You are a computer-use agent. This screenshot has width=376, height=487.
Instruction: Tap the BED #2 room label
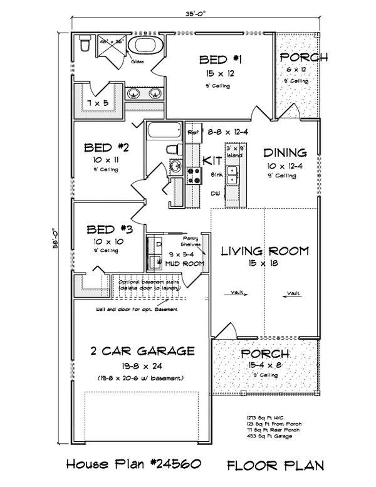click(x=107, y=148)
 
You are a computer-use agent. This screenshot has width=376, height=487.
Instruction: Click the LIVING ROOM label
click(x=265, y=251)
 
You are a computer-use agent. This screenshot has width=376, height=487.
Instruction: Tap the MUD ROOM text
click(x=180, y=264)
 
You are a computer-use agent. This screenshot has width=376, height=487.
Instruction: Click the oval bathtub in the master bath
click(x=144, y=46)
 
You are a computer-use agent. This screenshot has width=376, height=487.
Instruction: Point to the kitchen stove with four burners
click(x=194, y=177)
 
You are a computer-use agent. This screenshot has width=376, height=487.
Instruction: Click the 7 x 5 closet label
click(x=97, y=102)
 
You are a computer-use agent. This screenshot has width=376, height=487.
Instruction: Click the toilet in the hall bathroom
click(x=172, y=150)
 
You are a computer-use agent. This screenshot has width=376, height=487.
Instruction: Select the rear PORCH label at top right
click(x=303, y=58)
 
